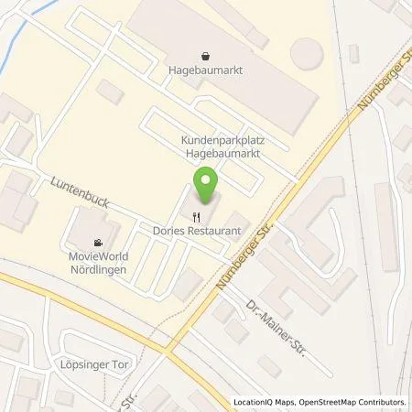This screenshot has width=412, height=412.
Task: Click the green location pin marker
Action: click(207, 186)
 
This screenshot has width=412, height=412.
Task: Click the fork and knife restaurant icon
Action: click(195, 218)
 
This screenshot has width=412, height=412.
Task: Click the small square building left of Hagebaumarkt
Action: click(111, 92)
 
